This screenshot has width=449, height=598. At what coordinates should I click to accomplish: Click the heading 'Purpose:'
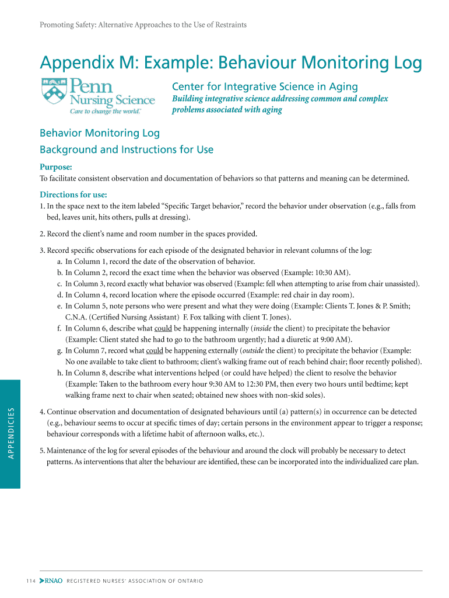(x=56, y=168)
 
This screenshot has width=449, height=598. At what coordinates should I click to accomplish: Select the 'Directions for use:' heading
(x=73, y=194)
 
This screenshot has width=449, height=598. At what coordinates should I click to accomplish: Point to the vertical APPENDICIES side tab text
(x=10, y=433)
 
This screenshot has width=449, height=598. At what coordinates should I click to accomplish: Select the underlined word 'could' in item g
(x=155, y=351)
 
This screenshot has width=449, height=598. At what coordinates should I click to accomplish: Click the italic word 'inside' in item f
(x=247, y=329)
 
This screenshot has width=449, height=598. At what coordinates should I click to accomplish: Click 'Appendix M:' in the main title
(x=78, y=63)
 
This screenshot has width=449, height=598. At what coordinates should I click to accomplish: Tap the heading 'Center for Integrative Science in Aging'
(x=264, y=87)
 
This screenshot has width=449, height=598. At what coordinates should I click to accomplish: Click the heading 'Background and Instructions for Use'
(x=126, y=149)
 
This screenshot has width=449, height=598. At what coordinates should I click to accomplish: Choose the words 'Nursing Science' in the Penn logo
(x=113, y=100)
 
